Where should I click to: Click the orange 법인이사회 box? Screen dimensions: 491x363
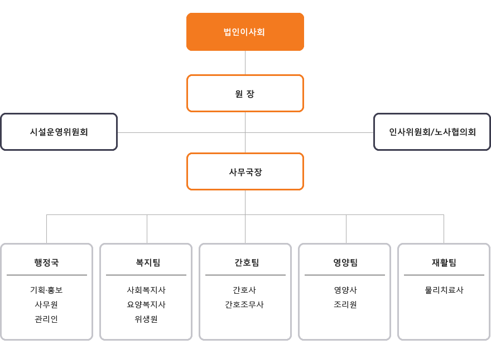(245, 32)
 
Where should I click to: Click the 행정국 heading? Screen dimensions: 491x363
(46, 262)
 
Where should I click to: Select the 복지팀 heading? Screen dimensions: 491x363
(148, 262)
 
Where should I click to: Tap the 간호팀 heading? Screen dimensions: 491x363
(247, 262)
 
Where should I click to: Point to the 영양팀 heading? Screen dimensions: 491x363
(345, 262)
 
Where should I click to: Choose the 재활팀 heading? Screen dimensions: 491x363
(444, 262)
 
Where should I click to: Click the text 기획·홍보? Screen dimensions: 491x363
(46, 290)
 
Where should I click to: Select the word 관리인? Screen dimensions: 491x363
(46, 319)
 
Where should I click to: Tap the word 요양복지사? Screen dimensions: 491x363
(146, 304)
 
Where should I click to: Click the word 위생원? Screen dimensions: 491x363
(146, 319)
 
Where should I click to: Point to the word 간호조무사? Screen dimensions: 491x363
(244, 304)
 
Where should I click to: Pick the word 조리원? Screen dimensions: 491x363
(345, 304)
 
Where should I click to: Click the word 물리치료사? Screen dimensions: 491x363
(444, 290)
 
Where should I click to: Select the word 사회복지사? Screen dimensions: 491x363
(146, 290)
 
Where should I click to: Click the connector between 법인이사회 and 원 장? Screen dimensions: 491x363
(245, 63)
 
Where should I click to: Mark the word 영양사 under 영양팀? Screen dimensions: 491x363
(345, 290)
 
